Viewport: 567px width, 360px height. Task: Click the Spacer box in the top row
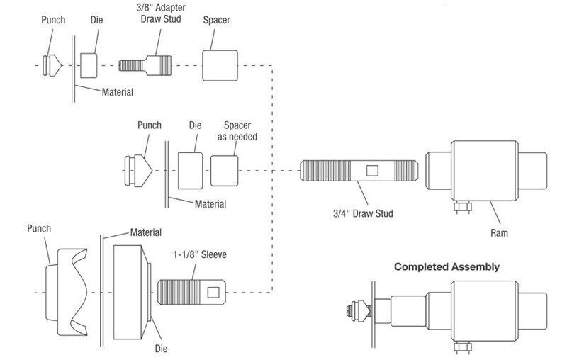[x=219, y=64]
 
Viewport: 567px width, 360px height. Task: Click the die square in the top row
[x=89, y=64]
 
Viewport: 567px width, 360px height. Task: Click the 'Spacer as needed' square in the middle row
[x=225, y=171]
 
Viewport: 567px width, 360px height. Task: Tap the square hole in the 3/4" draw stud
[x=371, y=171]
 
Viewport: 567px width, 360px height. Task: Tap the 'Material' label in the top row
[x=118, y=91]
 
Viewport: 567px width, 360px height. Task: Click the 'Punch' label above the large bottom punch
[x=40, y=229]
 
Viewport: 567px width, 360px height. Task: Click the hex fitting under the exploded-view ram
[x=462, y=208]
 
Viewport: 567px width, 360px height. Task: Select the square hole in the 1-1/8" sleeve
[x=213, y=291]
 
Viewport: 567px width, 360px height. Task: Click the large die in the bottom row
[x=130, y=291]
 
